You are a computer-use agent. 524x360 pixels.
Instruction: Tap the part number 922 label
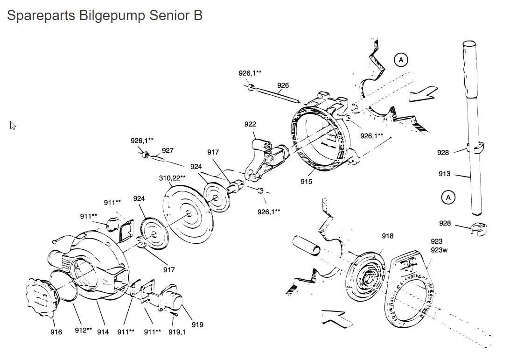(x=250, y=124)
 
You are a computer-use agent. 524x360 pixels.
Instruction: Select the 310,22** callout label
(x=172, y=178)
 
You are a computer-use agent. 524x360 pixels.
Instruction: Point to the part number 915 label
(x=306, y=182)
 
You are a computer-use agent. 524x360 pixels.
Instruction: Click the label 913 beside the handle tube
(x=444, y=174)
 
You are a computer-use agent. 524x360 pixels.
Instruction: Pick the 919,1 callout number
(x=177, y=332)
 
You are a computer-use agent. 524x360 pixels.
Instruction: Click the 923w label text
(x=439, y=250)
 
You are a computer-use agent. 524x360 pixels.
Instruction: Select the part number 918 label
(x=387, y=236)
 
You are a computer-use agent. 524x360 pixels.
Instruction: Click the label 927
(x=168, y=150)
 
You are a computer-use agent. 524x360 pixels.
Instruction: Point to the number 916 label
(x=56, y=332)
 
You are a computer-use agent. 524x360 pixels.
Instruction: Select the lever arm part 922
(x=264, y=155)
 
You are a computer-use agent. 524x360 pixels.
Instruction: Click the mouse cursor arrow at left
(x=13, y=125)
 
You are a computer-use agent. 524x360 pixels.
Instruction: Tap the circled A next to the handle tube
(x=448, y=198)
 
